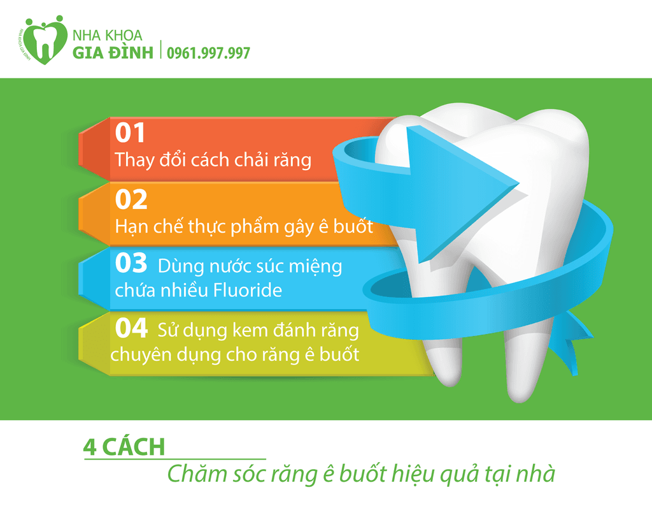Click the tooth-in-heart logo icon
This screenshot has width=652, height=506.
44,40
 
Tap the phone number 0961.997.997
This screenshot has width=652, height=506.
208,54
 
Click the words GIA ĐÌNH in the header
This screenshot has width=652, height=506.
113,53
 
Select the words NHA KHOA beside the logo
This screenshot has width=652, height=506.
107,36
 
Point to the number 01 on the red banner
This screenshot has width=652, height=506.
130,133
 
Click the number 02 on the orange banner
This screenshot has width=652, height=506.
131,199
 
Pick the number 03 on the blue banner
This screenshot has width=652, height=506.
131,263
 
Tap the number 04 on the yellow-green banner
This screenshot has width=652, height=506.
131,328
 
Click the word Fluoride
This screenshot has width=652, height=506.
248,290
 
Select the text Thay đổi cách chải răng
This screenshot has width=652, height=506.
213,160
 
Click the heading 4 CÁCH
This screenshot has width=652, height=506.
124,447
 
